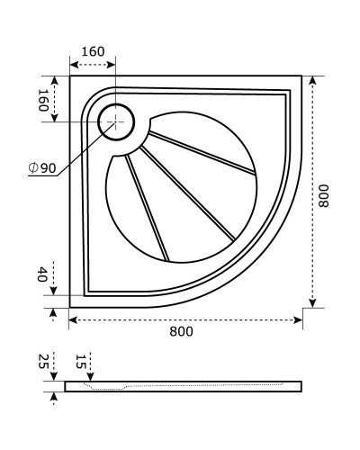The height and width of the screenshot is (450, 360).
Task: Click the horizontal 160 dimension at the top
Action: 93,51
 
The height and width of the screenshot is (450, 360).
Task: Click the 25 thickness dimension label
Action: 42,362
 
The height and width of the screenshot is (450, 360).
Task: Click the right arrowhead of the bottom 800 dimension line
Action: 297,319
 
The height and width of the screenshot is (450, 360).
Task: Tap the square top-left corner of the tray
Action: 72,78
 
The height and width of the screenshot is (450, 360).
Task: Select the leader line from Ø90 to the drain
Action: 81,148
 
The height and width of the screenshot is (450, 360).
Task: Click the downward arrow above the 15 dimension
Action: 90,376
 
